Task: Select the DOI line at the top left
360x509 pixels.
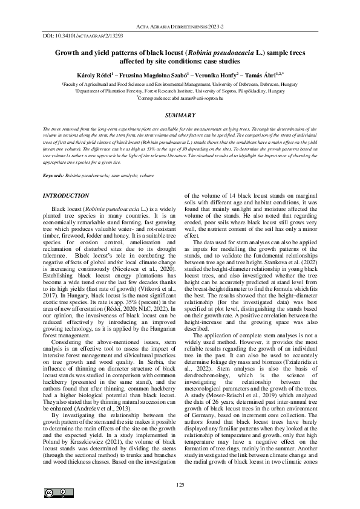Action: [x=79, y=36]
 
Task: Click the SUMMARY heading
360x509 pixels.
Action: [x=180, y=115]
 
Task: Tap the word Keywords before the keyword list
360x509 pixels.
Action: [x=54, y=175]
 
